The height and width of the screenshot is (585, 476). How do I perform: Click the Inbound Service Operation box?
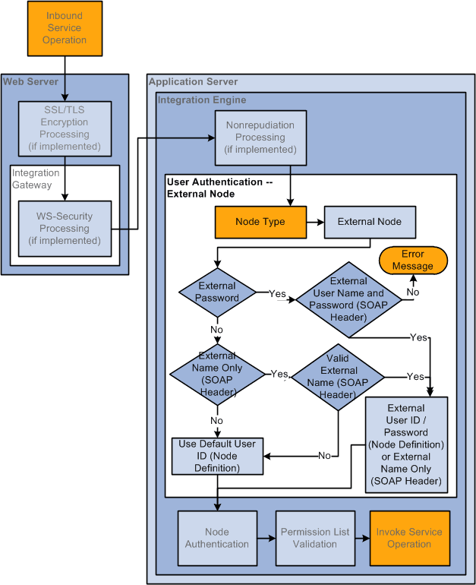(65, 29)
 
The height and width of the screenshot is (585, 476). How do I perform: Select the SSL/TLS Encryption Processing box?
(65, 128)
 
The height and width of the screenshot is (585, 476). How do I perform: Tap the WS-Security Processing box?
(65, 229)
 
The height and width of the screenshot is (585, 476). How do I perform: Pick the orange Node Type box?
(260, 222)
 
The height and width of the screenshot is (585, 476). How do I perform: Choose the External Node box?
(370, 222)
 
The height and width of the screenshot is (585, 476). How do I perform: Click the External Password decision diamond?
(217, 292)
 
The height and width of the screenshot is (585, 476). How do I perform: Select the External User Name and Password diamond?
(348, 299)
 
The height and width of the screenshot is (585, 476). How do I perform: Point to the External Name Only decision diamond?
(217, 374)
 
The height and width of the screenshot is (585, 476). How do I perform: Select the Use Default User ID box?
(217, 456)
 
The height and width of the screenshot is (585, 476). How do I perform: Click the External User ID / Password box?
(406, 444)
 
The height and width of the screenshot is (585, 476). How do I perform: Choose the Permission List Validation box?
(314, 538)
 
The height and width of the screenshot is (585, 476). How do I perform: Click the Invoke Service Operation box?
(409, 538)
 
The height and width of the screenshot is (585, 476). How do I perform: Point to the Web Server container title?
(30, 81)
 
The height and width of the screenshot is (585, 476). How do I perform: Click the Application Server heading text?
(193, 82)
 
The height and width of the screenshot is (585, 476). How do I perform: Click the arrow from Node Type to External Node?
(315, 222)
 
